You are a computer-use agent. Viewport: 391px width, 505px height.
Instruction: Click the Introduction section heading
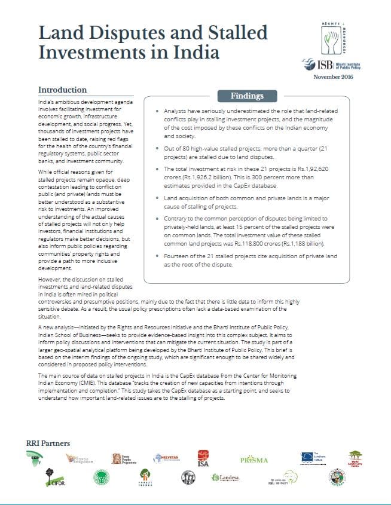tap(63, 90)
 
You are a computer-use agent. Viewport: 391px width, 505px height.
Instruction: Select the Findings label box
tap(247, 96)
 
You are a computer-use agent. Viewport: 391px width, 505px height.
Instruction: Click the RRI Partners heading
tap(48, 443)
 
